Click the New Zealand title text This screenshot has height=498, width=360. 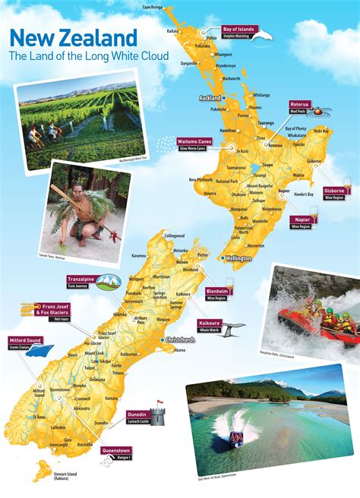tap(74, 37)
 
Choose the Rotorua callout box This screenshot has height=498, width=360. tap(302, 106)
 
